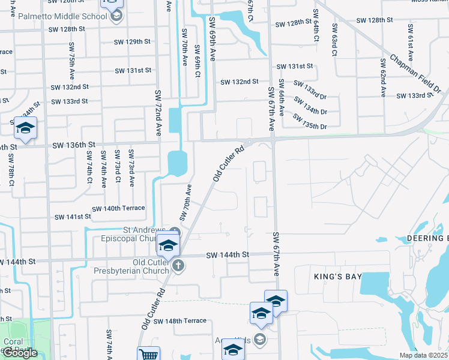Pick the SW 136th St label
pos(74,145)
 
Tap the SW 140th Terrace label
pos(118,208)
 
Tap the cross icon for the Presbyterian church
pos(178,266)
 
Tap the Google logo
pos(19,353)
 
